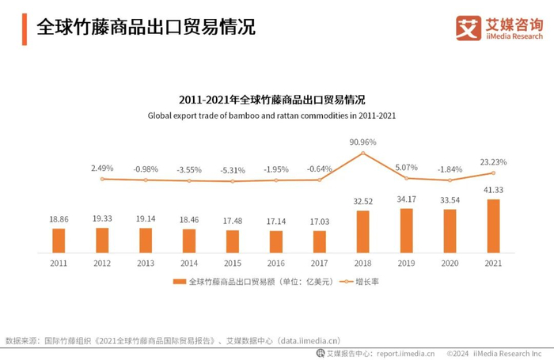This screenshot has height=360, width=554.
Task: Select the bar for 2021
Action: click(x=493, y=225)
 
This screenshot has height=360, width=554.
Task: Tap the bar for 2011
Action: click(x=59, y=241)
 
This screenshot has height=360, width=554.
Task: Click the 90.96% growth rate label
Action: click(x=363, y=142)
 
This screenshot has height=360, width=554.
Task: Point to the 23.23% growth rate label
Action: click(x=493, y=162)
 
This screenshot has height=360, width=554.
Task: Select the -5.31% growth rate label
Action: click(x=233, y=169)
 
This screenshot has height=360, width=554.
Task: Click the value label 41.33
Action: click(x=493, y=191)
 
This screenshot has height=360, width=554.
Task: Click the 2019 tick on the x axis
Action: click(x=407, y=263)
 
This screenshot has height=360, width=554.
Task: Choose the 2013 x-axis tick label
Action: click(x=146, y=263)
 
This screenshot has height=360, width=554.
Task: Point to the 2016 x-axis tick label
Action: click(x=276, y=263)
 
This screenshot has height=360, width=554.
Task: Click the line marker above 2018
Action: click(x=363, y=153)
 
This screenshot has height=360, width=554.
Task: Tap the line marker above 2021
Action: click(x=493, y=173)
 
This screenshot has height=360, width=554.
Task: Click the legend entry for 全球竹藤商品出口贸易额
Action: click(x=253, y=282)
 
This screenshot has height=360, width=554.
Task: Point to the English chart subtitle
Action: click(x=271, y=116)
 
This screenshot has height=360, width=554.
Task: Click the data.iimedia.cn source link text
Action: click(x=309, y=341)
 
